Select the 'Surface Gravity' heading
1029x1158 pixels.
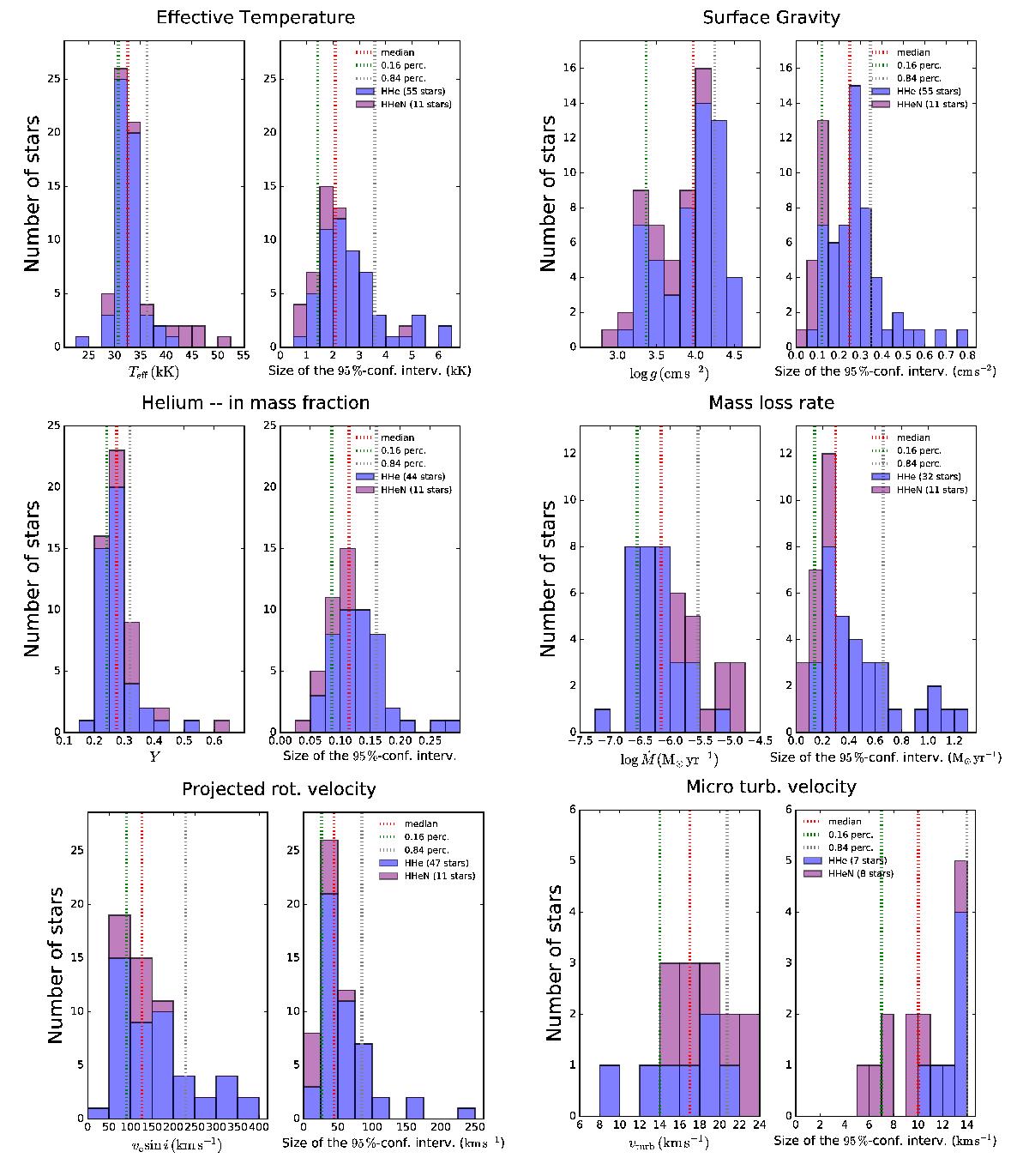[771, 17]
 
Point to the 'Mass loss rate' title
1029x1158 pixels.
[771, 402]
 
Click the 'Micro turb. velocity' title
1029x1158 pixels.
[771, 787]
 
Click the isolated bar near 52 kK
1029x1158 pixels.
[224, 341]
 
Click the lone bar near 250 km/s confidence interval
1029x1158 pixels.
[466, 1113]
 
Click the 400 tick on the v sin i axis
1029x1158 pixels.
[259, 1128]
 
